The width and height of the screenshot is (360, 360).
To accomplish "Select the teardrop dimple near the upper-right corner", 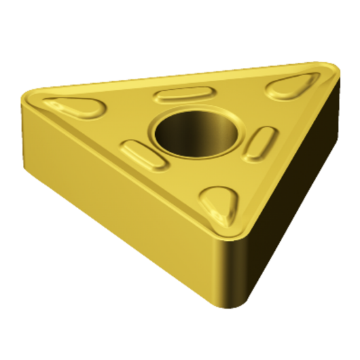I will pos(293,85).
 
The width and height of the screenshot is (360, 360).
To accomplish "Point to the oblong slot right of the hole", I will pos(261,143).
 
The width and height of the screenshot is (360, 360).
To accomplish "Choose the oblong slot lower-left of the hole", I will pos(145,155).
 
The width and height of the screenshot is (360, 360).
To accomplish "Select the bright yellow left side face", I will pos(111,196).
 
